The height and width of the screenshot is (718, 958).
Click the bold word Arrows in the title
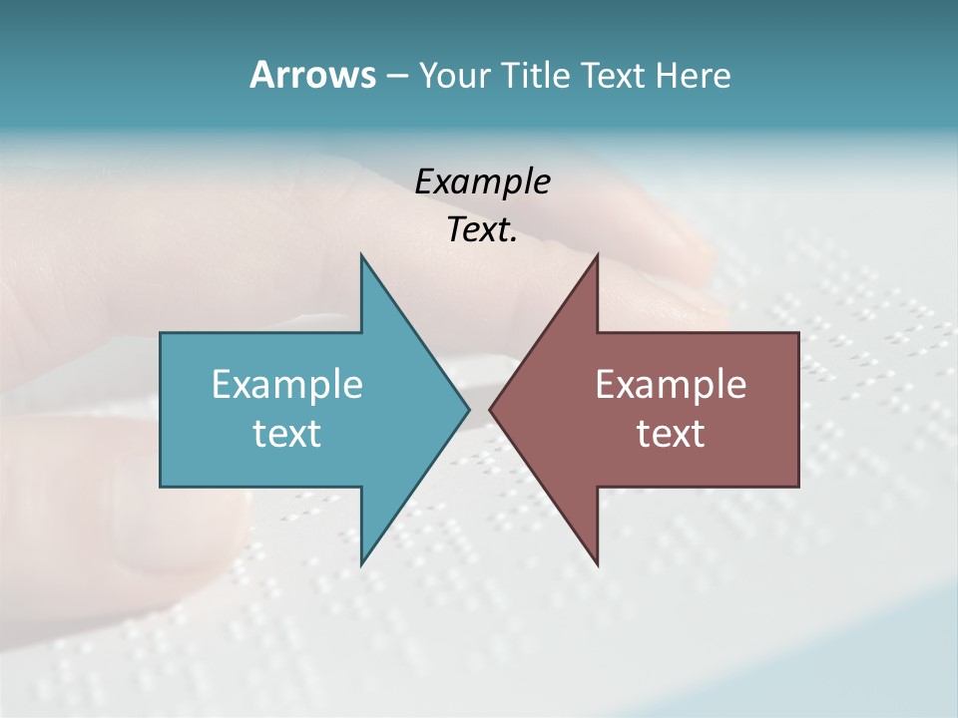(312, 75)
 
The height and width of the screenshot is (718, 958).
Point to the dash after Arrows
(396, 77)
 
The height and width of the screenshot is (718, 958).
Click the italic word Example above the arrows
(482, 182)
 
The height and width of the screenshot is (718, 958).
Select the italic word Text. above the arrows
(482, 230)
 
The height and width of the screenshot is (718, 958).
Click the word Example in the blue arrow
(287, 384)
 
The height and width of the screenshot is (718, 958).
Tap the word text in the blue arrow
(287, 434)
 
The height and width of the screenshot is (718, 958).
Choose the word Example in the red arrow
(671, 384)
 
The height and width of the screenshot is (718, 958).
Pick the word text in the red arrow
(671, 434)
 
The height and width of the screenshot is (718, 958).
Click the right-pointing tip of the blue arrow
(467, 409)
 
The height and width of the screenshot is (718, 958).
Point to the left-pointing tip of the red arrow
(491, 409)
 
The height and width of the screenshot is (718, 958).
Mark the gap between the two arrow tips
(479, 409)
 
